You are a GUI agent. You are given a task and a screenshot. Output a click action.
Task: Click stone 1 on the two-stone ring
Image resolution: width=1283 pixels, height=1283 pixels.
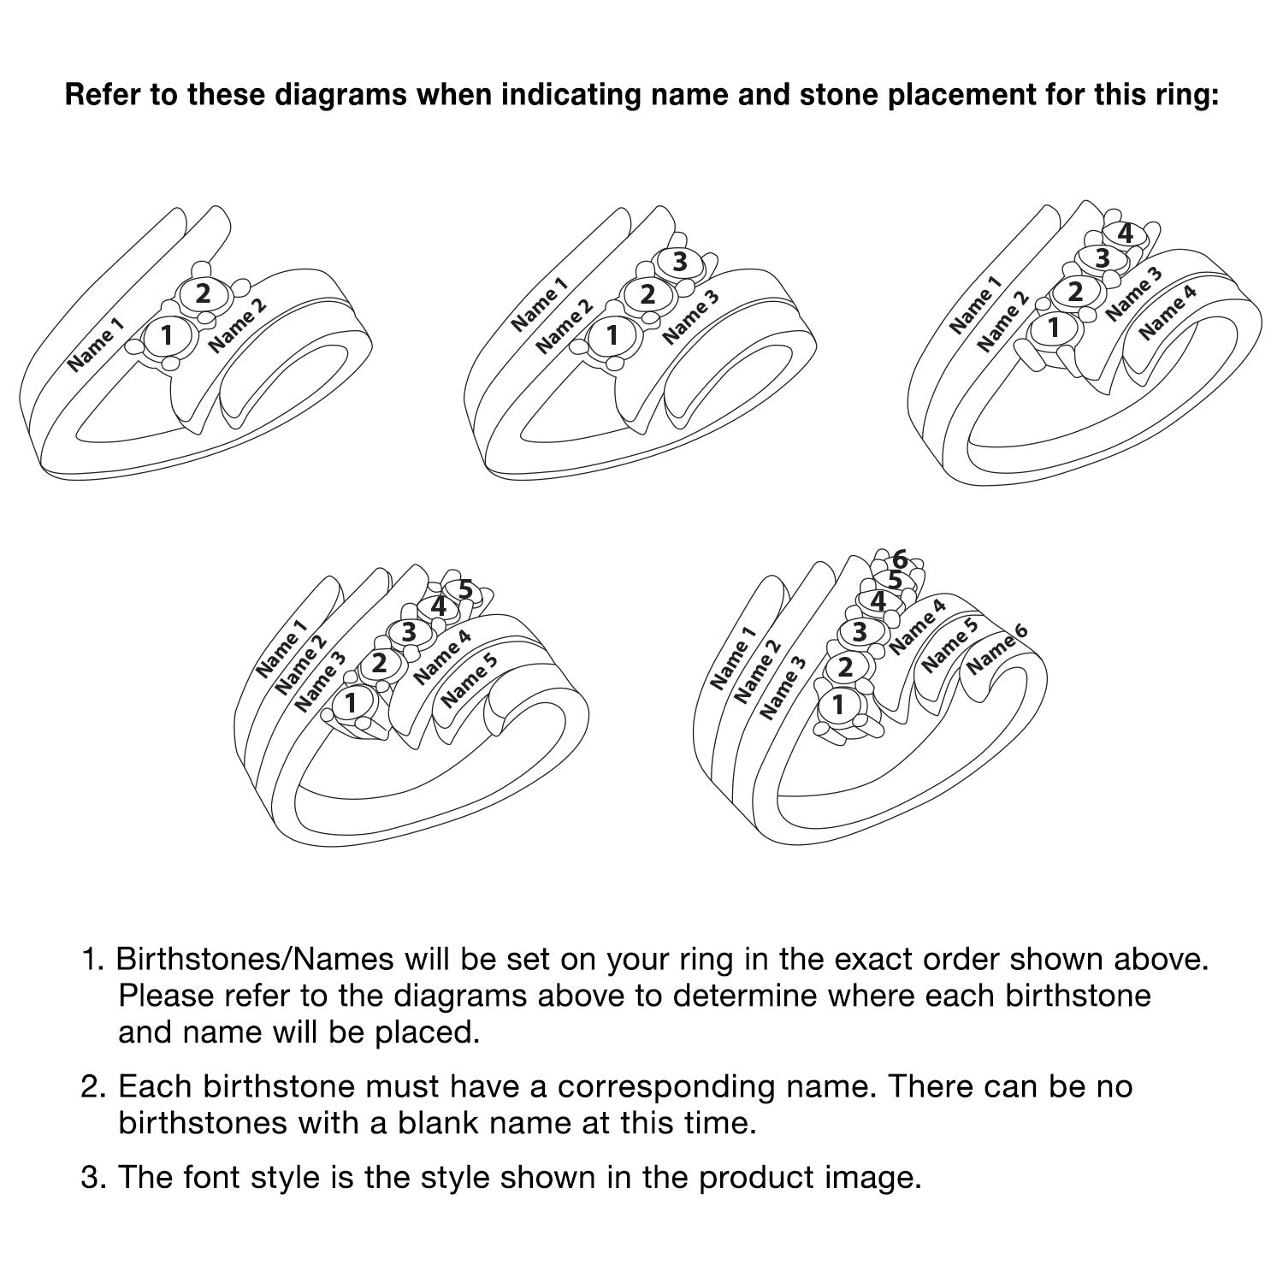[x=166, y=334]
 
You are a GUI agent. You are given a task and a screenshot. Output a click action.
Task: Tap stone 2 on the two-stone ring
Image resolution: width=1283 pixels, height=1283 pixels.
[x=203, y=294]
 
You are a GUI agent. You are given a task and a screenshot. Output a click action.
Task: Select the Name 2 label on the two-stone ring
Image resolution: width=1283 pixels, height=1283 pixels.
[x=238, y=324]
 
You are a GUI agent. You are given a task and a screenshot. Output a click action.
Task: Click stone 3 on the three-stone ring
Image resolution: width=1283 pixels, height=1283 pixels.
[x=680, y=262]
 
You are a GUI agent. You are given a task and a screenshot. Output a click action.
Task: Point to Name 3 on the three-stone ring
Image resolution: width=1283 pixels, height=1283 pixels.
[x=691, y=316]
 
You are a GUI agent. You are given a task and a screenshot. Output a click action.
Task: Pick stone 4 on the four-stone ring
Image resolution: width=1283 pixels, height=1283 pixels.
[x=1126, y=233]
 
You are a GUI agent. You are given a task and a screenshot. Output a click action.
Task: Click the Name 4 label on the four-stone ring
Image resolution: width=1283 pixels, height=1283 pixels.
[x=1168, y=311]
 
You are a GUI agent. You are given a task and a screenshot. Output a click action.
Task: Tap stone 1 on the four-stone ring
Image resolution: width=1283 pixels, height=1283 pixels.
[x=1053, y=328]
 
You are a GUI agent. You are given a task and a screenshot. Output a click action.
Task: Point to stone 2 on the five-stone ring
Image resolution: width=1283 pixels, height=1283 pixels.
[x=378, y=664]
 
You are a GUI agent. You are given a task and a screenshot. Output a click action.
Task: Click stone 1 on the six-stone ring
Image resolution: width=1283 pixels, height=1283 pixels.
[x=838, y=706]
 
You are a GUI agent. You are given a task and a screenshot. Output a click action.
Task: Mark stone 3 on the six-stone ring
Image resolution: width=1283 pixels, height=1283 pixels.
[x=860, y=632]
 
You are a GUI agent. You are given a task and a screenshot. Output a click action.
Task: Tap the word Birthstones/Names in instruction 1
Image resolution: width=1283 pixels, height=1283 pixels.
[x=255, y=960]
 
